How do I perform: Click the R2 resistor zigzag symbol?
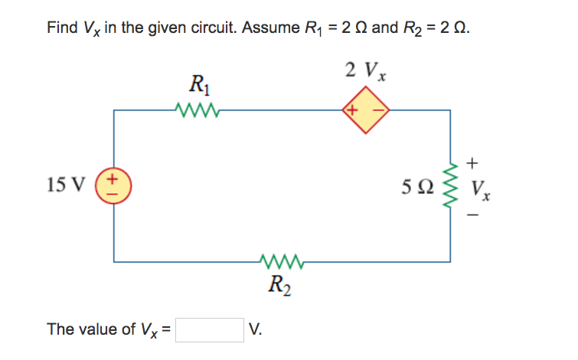(283, 262)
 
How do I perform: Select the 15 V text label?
(65, 185)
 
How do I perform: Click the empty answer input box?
(210, 329)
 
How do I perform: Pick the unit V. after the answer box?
(256, 330)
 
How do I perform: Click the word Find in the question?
(61, 28)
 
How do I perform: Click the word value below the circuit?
(97, 329)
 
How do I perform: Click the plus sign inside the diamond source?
(353, 110)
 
